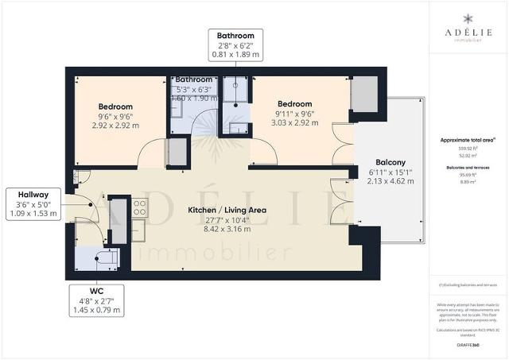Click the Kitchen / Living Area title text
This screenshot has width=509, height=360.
coord(227,211)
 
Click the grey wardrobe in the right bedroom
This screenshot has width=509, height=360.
coord(363,95)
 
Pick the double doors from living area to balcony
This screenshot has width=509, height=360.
coord(343,203)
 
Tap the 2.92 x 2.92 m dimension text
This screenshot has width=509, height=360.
coord(115,126)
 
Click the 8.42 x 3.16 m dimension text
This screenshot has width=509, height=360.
coord(227,230)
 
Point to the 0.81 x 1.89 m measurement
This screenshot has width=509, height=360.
coord(237,56)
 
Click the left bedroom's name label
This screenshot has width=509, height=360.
coord(115,106)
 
